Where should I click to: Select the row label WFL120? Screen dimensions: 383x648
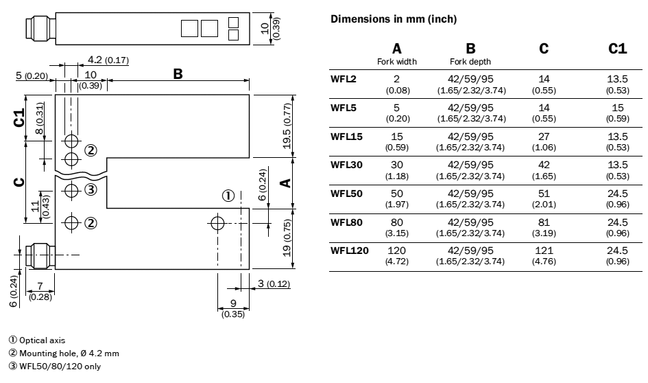[350, 251]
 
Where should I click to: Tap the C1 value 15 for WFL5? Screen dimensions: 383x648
[617, 108]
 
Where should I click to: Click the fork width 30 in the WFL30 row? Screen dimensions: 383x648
[396, 165]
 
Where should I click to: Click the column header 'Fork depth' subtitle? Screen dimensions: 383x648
[470, 61]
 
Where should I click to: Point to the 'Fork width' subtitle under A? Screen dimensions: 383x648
[396, 61]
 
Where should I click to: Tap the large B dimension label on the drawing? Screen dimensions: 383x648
[178, 72]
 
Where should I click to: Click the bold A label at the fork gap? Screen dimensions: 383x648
[287, 182]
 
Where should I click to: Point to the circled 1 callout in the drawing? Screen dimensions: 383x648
[229, 196]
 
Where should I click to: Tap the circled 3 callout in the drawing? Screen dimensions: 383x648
[91, 190]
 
